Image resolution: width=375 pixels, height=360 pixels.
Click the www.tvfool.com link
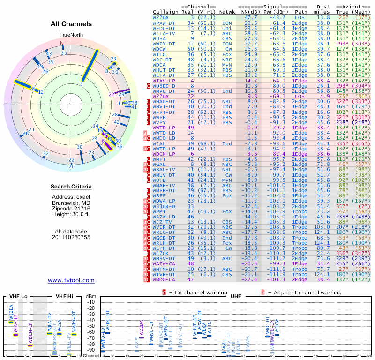tap(71, 280)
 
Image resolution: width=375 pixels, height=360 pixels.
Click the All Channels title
tap(71, 24)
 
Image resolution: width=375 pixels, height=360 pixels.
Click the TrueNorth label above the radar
tap(71, 35)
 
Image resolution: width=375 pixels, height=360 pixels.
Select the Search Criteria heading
tap(71, 187)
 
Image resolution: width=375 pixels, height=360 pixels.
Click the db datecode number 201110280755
tap(71, 237)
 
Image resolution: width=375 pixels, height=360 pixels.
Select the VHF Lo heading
tap(18, 297)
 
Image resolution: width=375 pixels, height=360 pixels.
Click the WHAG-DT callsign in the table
tap(164, 101)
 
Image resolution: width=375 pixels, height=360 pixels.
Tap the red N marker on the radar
tap(61, 44)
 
